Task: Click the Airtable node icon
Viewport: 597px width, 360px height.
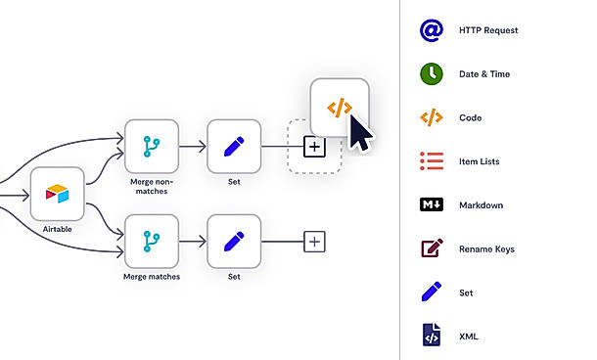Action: pos(57,194)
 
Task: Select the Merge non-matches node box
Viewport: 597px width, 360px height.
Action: pos(152,147)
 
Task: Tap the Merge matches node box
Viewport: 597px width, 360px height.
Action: pos(152,242)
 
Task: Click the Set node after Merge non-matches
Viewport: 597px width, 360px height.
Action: pos(234,147)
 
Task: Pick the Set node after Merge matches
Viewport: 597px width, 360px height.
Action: pos(234,242)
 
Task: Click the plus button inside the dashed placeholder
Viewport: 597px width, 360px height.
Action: pos(314,147)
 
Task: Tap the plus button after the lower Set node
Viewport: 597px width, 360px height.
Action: pos(314,242)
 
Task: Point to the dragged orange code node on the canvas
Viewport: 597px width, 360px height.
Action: pos(340,108)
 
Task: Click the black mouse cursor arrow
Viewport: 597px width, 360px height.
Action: pos(360,132)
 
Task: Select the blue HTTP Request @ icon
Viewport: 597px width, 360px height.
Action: pos(432,30)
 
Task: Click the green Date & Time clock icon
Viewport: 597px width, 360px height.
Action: pos(432,73)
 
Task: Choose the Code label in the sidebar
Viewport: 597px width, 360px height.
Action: pos(470,117)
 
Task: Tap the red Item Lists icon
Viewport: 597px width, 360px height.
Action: pos(432,161)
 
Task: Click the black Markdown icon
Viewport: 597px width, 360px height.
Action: pos(432,204)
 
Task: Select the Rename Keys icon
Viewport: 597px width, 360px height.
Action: pos(433,248)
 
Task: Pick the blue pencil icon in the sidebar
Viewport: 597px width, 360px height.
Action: pos(432,292)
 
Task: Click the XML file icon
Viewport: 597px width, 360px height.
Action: pos(432,335)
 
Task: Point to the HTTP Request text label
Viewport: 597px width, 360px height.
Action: pos(488,30)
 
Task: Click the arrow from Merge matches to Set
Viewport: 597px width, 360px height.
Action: pos(193,242)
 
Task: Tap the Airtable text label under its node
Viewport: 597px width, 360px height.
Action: pos(57,229)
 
